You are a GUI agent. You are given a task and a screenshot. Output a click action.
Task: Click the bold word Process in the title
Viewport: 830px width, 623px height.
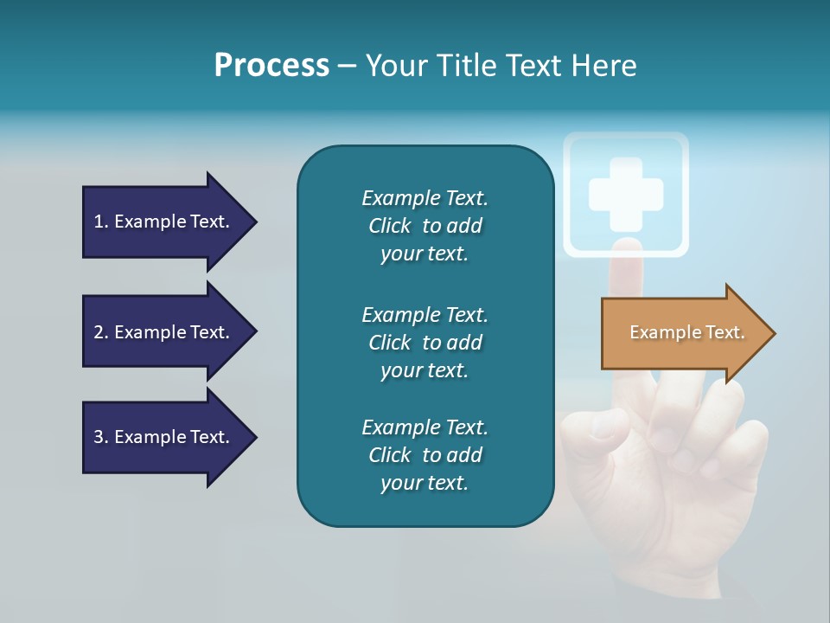click(x=271, y=66)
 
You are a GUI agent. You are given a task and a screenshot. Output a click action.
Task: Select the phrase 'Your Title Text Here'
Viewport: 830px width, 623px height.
click(x=501, y=66)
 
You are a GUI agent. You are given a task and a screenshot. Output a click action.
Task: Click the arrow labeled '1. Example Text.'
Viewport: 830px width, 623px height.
click(x=164, y=222)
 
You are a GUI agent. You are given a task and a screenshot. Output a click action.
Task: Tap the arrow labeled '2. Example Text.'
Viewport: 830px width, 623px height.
click(x=164, y=332)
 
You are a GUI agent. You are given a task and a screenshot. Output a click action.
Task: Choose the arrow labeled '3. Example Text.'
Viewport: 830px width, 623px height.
click(x=164, y=437)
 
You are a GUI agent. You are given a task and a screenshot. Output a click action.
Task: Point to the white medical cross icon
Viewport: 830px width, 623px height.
click(x=626, y=194)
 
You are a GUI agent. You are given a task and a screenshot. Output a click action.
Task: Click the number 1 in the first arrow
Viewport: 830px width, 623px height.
click(x=99, y=222)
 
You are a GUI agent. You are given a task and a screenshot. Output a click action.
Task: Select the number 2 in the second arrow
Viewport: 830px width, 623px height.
click(x=99, y=332)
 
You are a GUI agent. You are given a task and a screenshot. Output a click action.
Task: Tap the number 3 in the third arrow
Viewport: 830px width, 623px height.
click(x=99, y=437)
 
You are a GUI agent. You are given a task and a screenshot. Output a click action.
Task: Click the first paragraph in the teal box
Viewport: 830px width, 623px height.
click(x=425, y=226)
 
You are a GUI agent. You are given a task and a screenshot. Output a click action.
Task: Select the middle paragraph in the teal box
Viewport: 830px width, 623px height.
click(x=425, y=342)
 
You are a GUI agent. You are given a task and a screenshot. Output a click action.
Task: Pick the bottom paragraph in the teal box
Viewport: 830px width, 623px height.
click(x=425, y=455)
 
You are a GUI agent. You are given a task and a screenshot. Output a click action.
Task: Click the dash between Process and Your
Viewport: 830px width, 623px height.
click(x=347, y=67)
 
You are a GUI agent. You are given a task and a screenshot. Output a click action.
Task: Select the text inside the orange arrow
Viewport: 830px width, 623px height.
click(x=686, y=332)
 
